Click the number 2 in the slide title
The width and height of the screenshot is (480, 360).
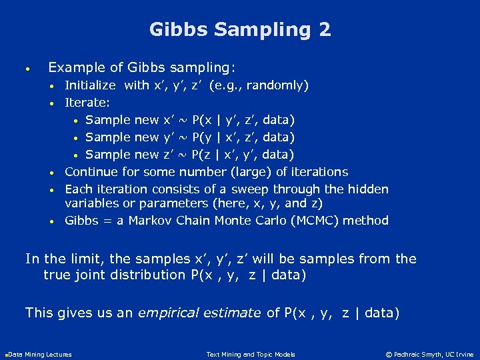pyautogui.click(x=323, y=30)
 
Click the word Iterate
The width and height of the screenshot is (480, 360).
pyautogui.click(x=87, y=103)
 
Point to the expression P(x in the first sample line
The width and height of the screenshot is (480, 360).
pyautogui.click(x=204, y=120)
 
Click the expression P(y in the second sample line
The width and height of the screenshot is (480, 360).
pyautogui.click(x=204, y=137)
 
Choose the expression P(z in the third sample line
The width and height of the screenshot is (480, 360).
pyautogui.click(x=204, y=155)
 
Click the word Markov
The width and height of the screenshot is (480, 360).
pyautogui.click(x=150, y=221)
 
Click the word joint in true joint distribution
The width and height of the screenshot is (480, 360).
pyautogui.click(x=91, y=275)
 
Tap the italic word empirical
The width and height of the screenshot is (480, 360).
pyautogui.click(x=166, y=312)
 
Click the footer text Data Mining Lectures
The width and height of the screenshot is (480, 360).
pyautogui.click(x=39, y=354)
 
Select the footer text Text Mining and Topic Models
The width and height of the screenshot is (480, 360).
pyautogui.click(x=251, y=354)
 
